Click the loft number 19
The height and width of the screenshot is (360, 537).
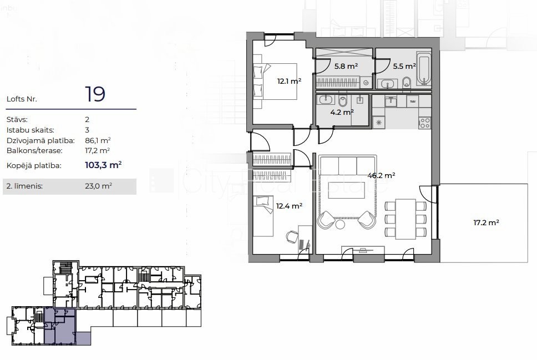(x=95, y=94)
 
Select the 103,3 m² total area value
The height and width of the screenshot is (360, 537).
(x=103, y=165)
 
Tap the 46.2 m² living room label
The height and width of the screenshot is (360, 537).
(x=381, y=175)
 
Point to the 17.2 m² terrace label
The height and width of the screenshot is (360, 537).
(x=486, y=222)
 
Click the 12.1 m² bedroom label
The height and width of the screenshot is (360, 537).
(x=289, y=81)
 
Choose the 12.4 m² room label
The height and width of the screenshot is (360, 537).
(x=289, y=206)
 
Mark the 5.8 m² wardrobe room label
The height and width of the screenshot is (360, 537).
(x=346, y=66)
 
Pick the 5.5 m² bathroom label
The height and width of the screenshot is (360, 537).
(x=404, y=66)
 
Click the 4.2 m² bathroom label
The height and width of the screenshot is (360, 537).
(x=342, y=112)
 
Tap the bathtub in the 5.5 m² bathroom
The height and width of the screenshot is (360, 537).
(x=424, y=69)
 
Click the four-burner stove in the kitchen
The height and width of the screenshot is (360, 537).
(x=425, y=123)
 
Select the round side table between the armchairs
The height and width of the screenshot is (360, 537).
(x=340, y=224)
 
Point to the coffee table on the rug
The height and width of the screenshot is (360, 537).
(x=346, y=190)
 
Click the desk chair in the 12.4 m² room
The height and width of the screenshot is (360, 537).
(x=292, y=237)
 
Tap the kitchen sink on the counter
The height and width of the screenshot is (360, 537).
(x=391, y=102)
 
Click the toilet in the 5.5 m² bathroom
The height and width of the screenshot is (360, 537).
(x=407, y=82)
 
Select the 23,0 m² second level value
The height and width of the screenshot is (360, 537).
(x=98, y=186)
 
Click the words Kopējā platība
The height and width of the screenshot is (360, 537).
(x=34, y=166)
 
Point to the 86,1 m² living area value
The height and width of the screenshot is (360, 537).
(x=98, y=140)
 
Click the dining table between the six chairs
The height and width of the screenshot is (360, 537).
(x=406, y=219)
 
